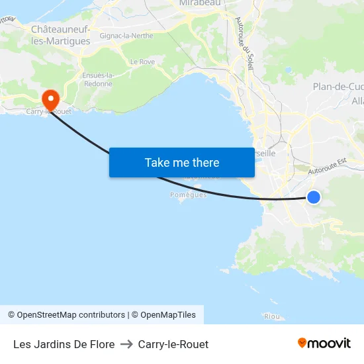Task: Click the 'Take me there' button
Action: tap(181, 162)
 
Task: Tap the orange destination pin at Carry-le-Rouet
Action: tap(50, 100)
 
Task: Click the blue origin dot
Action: tap(314, 197)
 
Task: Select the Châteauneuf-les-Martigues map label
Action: tap(60, 35)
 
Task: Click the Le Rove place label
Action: tap(142, 62)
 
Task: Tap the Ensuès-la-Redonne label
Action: tap(98, 79)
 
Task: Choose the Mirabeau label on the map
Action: tap(199, 3)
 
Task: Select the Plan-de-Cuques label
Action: tap(338, 87)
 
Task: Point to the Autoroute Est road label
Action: tap(328, 166)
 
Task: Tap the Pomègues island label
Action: tap(189, 195)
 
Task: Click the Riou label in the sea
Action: tap(271, 317)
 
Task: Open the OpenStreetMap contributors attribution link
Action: tap(66, 315)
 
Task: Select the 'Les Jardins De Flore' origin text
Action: tap(64, 344)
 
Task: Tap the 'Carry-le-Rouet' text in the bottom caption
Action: tap(173, 344)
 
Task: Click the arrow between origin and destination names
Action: tap(126, 344)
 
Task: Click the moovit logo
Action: tap(324, 343)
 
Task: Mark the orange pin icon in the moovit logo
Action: tap(302, 343)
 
